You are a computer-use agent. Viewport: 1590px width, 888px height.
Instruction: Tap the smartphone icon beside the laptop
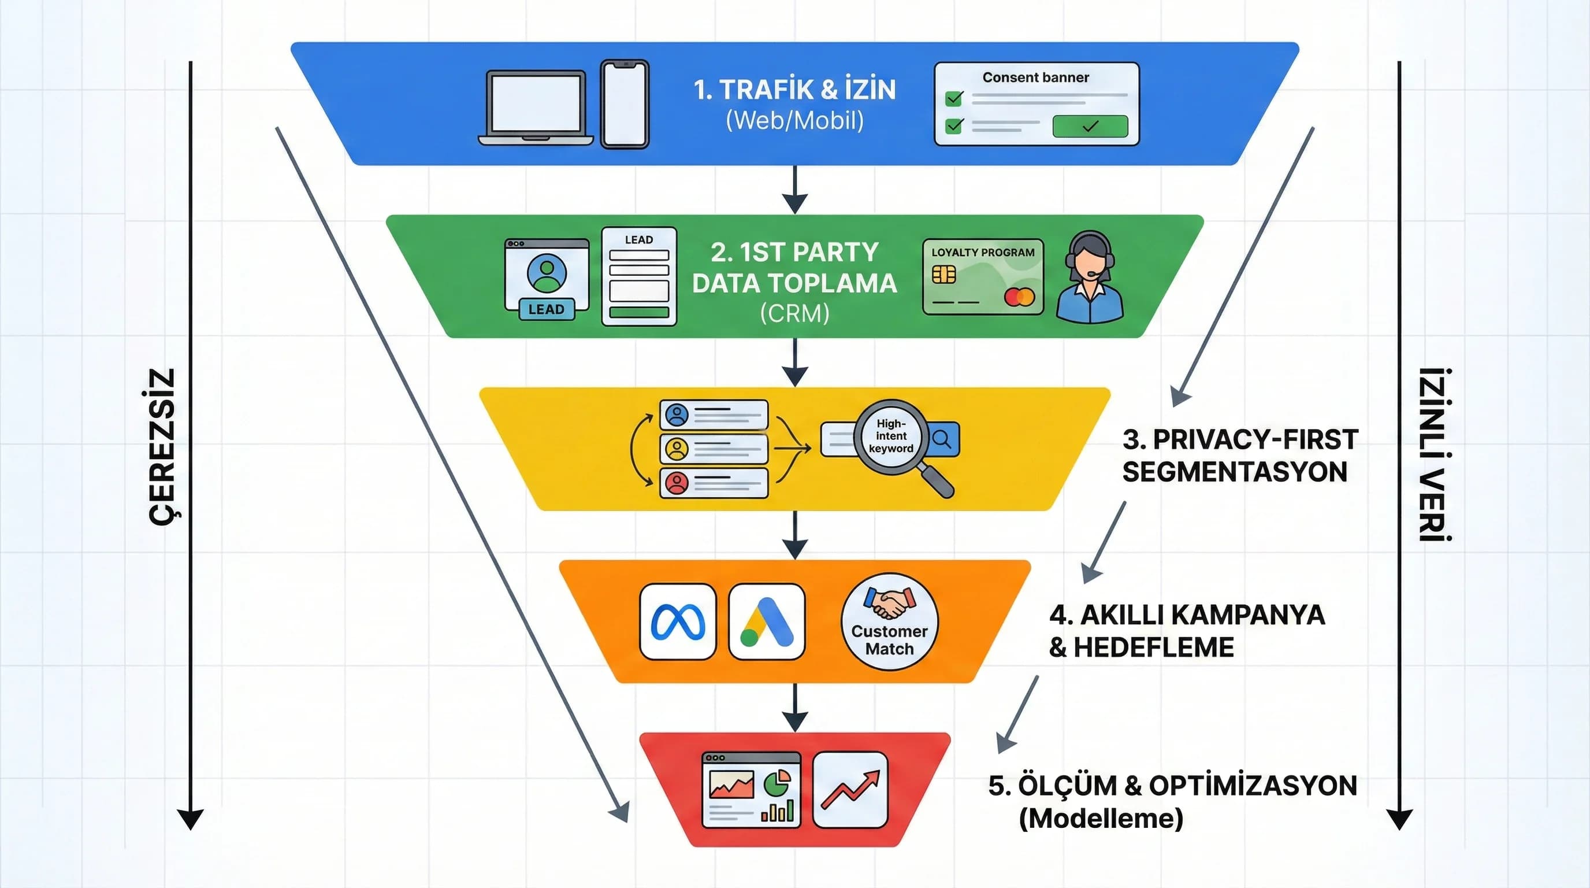(625, 103)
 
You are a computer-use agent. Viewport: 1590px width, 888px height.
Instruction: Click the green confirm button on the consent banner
(1090, 126)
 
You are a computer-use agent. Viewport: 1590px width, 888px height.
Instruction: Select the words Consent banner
(1035, 78)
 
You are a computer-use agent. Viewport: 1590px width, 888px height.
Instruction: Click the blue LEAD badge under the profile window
(546, 309)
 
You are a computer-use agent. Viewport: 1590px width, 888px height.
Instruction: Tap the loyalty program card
(983, 277)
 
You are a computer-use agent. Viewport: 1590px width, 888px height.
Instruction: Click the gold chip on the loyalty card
(943, 274)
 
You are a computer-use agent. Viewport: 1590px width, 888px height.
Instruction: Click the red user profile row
(714, 483)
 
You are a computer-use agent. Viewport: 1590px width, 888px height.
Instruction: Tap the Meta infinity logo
(678, 622)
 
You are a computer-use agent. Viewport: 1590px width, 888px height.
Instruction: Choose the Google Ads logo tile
(767, 622)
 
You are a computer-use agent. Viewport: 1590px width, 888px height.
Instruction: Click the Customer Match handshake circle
(889, 622)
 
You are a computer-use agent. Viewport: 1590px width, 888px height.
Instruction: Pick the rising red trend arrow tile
(850, 790)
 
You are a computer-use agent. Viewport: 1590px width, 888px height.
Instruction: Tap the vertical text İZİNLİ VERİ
(1435, 454)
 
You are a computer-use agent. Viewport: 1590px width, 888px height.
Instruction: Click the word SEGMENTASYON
(1235, 472)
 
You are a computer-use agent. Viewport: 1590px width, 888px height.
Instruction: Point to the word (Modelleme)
(1101, 819)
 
